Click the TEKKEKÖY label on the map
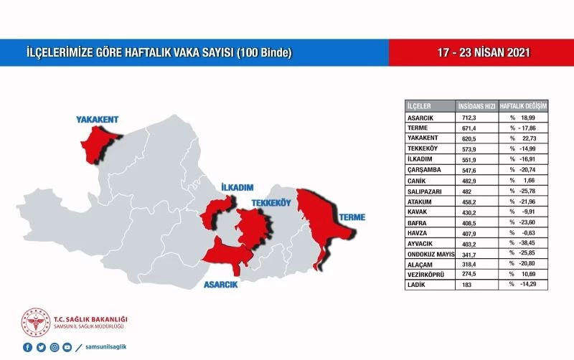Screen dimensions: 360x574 point(270,204)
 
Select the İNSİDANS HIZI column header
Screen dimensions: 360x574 point(476,105)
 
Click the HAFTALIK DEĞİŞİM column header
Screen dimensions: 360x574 point(524,105)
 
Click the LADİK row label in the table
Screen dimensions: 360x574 point(417,284)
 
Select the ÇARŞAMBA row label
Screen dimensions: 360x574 point(423,169)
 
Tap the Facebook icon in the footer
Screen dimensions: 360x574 point(27,347)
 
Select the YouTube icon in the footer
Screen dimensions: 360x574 point(67,347)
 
